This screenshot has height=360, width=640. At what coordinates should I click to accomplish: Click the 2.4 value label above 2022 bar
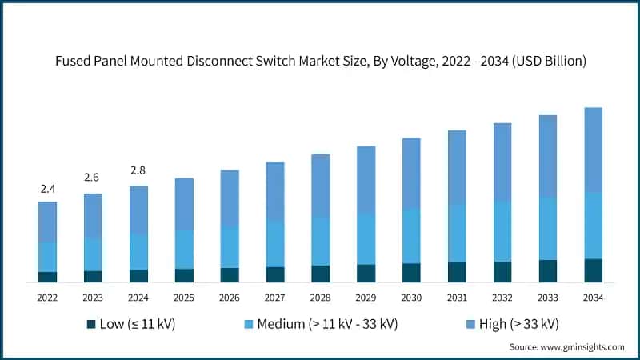[x=47, y=189]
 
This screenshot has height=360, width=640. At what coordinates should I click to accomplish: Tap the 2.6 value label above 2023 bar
[x=93, y=178]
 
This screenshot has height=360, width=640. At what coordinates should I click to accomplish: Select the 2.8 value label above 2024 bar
[x=138, y=170]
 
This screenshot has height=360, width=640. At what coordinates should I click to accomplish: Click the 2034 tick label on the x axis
[x=593, y=297]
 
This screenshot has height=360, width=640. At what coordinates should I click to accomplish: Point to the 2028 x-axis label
[x=320, y=297]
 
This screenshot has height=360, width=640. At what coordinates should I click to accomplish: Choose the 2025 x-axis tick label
[x=184, y=297]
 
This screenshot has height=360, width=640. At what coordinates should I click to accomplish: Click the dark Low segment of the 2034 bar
[x=593, y=270]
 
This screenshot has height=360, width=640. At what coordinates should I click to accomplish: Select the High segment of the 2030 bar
[x=411, y=174]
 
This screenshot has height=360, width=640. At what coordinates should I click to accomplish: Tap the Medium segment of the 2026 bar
[x=230, y=247]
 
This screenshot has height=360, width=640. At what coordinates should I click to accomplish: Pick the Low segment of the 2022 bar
[x=47, y=277]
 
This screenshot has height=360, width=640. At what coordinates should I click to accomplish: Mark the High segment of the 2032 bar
[x=502, y=162]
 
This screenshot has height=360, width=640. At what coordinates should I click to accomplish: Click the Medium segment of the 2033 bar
[x=547, y=228]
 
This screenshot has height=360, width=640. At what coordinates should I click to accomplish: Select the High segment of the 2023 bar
[x=93, y=215]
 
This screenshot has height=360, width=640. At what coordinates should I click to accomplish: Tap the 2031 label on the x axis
[x=457, y=297]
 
